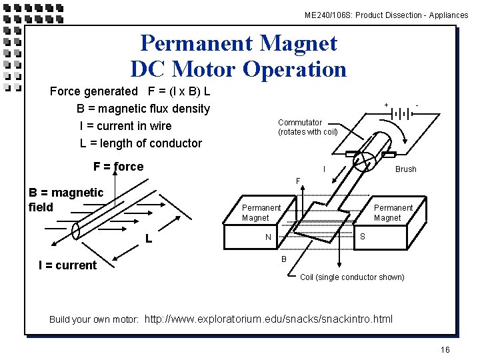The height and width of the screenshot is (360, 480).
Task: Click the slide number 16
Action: (x=445, y=350)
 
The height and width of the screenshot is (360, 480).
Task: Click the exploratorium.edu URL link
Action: (x=269, y=319)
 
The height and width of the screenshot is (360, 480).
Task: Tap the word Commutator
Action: (x=300, y=122)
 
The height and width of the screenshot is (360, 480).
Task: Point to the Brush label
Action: (x=405, y=169)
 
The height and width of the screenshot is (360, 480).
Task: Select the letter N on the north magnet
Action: (x=268, y=237)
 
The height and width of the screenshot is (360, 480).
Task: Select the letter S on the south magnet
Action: (x=363, y=236)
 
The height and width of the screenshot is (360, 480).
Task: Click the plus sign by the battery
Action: (x=386, y=105)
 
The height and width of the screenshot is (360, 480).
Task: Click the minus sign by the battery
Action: (x=417, y=105)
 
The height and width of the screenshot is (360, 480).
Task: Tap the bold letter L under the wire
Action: (x=150, y=238)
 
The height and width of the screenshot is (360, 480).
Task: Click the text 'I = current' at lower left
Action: (x=67, y=265)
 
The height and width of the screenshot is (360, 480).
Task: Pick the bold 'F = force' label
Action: (x=119, y=167)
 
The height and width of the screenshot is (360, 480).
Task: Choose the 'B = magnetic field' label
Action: (x=66, y=199)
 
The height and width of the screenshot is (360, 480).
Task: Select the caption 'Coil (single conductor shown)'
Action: (x=352, y=277)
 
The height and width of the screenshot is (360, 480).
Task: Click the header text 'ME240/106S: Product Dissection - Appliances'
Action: (x=386, y=15)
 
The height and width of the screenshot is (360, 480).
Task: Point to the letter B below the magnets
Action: (x=283, y=259)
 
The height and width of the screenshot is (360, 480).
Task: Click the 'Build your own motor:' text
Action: (x=94, y=319)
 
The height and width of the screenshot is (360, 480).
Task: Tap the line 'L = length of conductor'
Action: (x=141, y=143)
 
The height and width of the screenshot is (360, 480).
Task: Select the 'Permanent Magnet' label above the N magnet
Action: (x=261, y=213)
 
